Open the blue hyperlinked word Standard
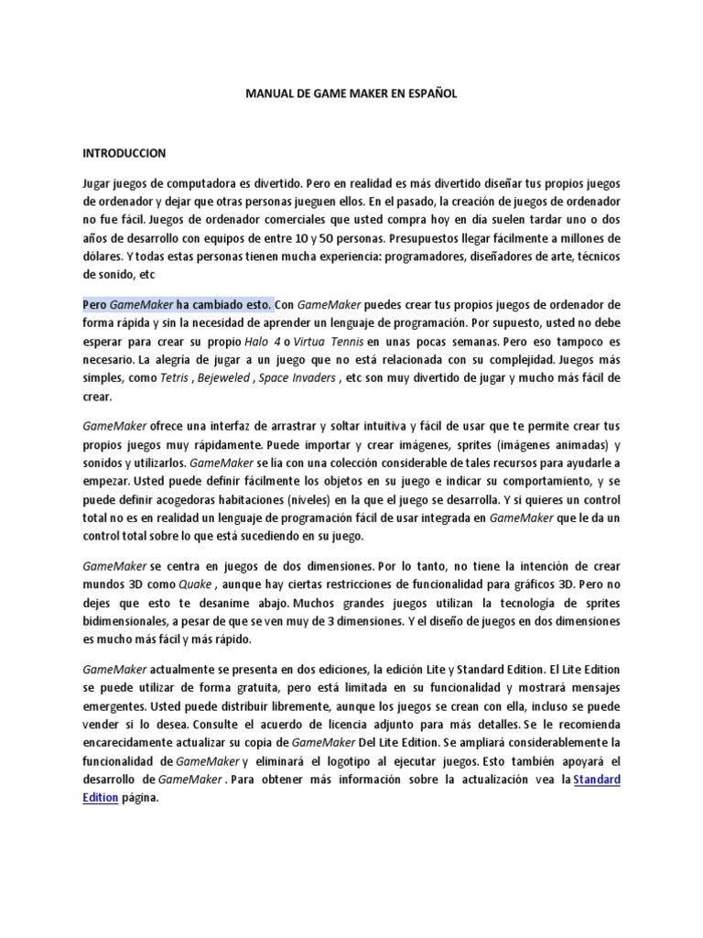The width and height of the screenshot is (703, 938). click(x=597, y=779)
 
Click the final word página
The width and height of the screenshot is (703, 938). click(x=141, y=797)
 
